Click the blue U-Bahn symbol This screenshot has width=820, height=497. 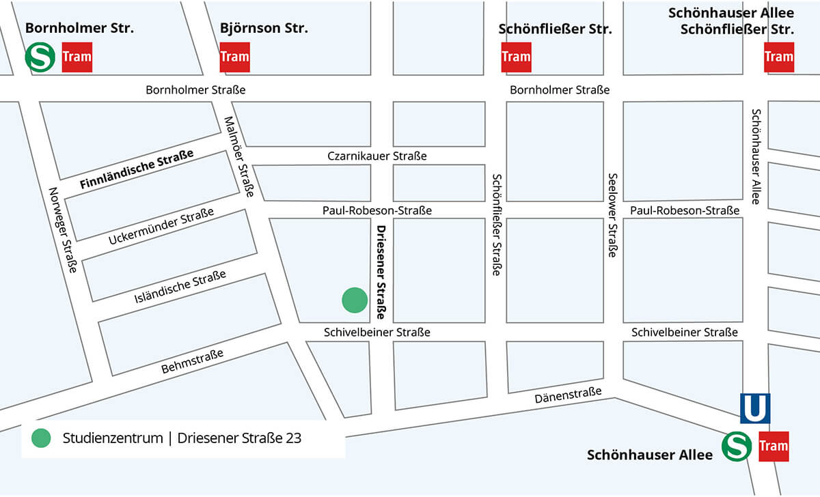coord(755,408)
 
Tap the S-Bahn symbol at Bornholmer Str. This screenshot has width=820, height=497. coord(40,57)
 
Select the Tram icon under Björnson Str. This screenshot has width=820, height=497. coord(234,57)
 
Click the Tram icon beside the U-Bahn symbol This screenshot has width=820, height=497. coord(774,446)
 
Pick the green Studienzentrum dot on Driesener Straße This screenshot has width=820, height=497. coord(355,300)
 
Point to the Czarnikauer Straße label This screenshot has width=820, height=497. coord(377,156)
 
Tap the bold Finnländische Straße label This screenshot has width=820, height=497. coord(137,170)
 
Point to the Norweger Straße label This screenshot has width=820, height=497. coord(62,230)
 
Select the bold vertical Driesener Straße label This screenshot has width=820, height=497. coord(381,273)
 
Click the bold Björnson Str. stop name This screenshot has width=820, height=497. coord(264,29)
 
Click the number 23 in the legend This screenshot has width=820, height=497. coord(294,438)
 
